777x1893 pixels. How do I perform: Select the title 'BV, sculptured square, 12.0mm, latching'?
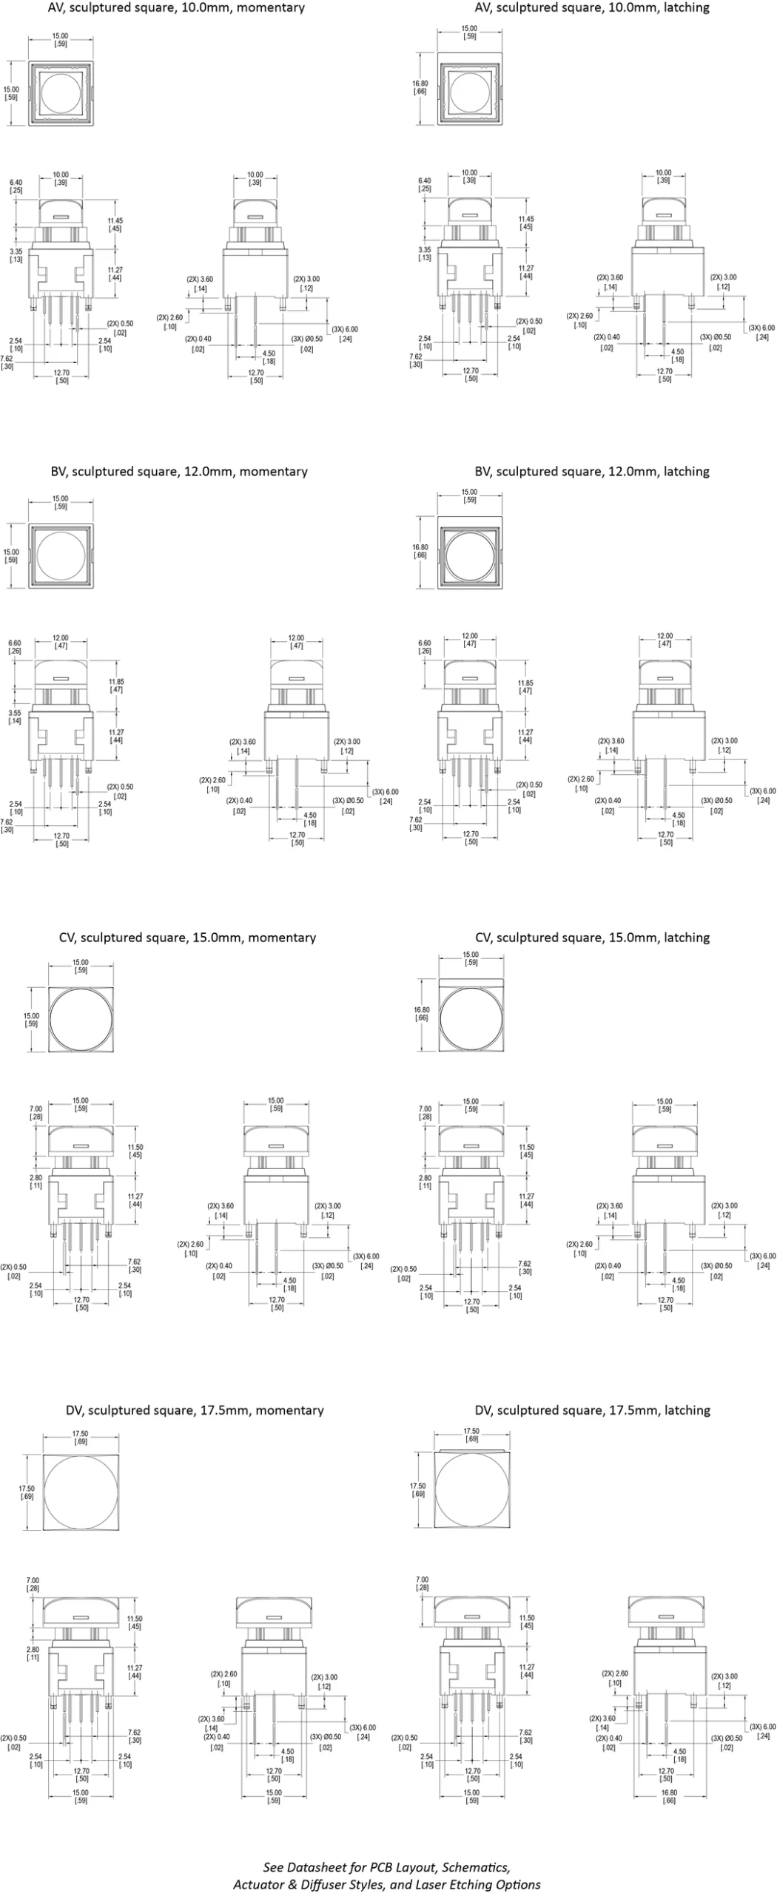pyautogui.click(x=591, y=472)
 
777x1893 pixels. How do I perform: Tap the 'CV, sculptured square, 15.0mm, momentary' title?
pyautogui.click(x=187, y=938)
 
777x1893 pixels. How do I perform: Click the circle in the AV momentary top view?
pyautogui.click(x=61, y=93)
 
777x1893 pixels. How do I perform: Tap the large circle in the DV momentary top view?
pyautogui.click(x=81, y=1491)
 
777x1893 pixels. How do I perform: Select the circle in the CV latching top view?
pyautogui.click(x=471, y=1020)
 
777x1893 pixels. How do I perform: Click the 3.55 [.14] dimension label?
pyautogui.click(x=14, y=717)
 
